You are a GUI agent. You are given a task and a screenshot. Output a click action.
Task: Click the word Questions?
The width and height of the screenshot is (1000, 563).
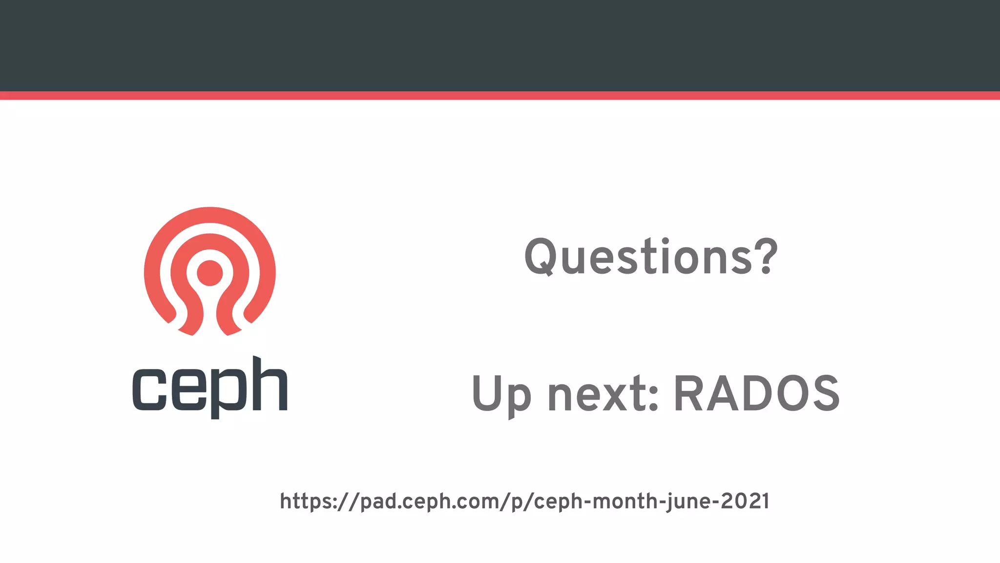tap(650, 257)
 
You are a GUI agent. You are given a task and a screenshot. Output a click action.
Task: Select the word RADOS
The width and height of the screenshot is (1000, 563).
tap(757, 394)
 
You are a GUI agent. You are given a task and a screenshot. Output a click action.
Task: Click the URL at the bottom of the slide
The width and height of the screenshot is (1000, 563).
tap(524, 501)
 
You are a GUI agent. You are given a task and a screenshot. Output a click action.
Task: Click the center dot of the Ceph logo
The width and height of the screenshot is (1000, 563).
tap(210, 273)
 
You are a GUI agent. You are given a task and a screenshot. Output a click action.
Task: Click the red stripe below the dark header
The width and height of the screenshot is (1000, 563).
tap(500, 95)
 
